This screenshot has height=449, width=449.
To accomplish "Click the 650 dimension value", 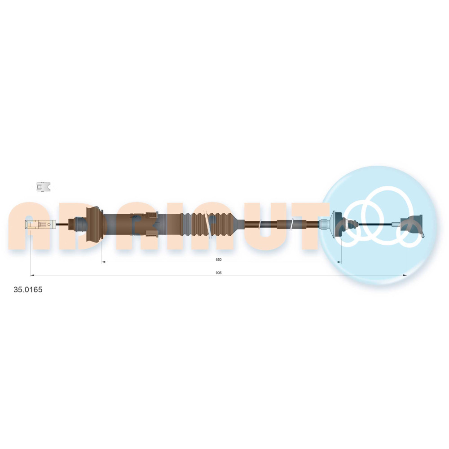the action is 219,260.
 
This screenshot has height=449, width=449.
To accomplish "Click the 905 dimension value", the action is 219,273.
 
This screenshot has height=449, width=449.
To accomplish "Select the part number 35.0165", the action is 28,290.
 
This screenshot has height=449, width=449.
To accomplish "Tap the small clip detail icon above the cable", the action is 43,187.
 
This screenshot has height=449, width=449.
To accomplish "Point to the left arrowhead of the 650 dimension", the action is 103,262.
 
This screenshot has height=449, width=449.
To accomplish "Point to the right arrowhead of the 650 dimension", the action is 339,262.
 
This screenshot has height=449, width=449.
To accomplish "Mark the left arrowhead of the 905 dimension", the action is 32,275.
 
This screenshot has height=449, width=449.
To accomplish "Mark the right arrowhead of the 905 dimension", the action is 405,275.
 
